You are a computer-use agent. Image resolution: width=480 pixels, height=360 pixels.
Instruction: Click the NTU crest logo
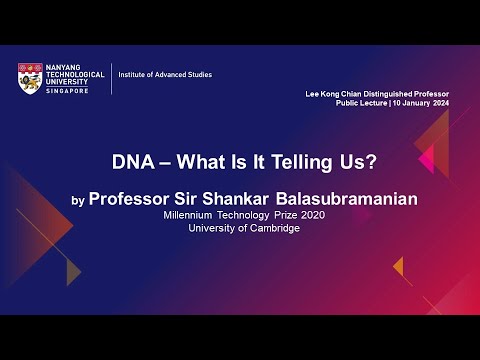click(x=29, y=78)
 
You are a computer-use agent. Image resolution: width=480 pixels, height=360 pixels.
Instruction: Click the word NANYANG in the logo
click(x=61, y=68)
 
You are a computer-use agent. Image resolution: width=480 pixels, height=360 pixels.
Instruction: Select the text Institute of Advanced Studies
click(x=165, y=75)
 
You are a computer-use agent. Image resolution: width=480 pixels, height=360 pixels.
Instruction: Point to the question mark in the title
click(x=354, y=161)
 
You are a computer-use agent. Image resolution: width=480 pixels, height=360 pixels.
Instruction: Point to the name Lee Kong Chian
click(x=335, y=94)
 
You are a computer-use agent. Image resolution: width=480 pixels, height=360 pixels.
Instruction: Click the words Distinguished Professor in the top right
click(x=414, y=94)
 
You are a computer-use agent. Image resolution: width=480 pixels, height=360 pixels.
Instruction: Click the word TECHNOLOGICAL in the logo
click(x=71, y=75)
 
